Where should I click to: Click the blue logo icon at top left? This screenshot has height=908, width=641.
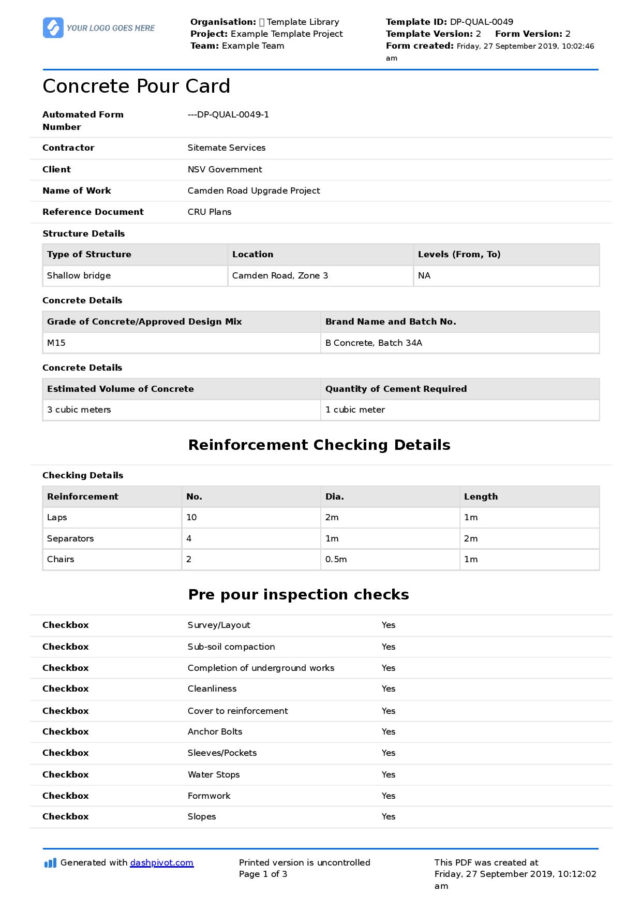(x=53, y=28)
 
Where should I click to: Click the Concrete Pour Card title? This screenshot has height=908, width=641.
(x=136, y=86)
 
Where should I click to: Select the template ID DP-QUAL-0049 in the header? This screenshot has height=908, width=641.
(x=481, y=22)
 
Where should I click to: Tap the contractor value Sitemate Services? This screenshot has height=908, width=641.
(x=226, y=148)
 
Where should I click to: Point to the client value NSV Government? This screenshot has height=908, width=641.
(x=225, y=169)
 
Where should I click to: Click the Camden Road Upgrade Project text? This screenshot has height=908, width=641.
(x=254, y=191)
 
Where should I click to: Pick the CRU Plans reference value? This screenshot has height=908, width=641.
(x=209, y=212)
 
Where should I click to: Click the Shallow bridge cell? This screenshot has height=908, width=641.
(x=79, y=275)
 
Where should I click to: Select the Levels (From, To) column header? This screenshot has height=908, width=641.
(x=459, y=254)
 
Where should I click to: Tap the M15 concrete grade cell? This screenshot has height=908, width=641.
(x=56, y=343)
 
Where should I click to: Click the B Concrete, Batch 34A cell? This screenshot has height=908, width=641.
(x=374, y=343)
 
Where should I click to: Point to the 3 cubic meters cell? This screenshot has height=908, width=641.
(x=79, y=409)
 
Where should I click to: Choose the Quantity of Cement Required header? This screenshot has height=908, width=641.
(x=396, y=389)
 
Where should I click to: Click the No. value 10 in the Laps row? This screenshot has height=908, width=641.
(x=191, y=517)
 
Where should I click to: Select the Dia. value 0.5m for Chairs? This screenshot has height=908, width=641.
(x=336, y=559)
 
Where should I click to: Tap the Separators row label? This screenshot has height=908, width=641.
(x=70, y=538)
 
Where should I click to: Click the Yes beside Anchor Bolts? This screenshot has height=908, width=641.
(x=388, y=731)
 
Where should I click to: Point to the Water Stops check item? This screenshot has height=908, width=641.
(x=213, y=774)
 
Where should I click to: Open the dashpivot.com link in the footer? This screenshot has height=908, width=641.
(x=161, y=862)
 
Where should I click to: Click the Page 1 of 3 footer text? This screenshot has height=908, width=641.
(x=263, y=874)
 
